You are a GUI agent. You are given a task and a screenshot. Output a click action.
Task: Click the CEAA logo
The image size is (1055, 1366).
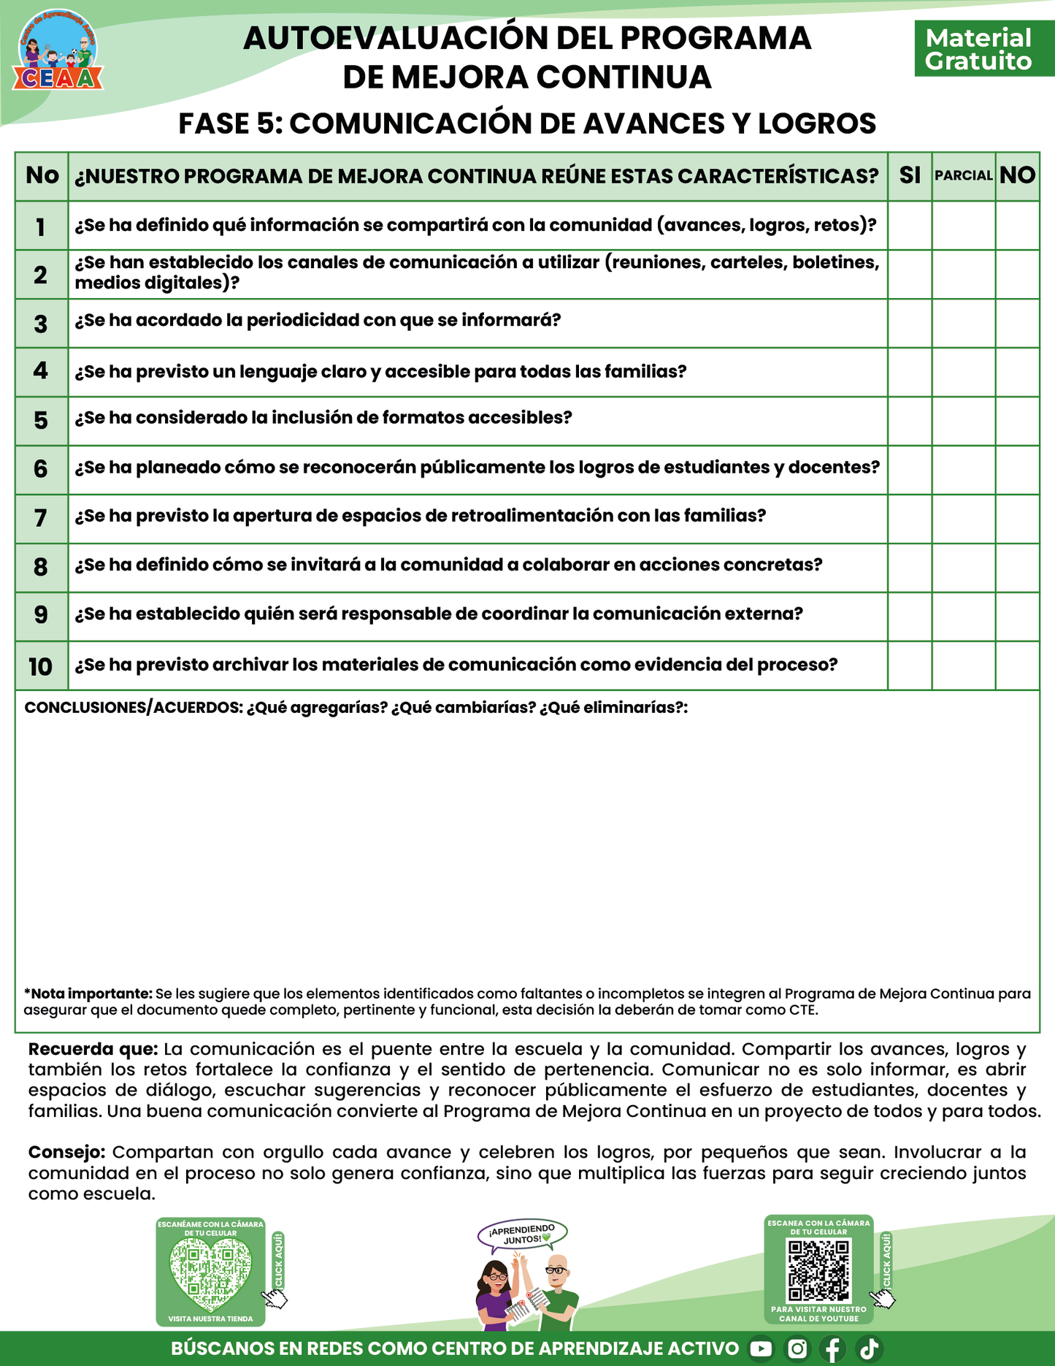[x=58, y=51]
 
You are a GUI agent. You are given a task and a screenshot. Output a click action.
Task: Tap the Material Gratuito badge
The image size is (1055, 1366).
[x=978, y=49]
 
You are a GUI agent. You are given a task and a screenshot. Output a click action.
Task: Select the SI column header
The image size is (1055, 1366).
[x=910, y=175]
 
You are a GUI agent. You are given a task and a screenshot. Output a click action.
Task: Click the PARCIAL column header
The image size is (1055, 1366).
[x=964, y=175]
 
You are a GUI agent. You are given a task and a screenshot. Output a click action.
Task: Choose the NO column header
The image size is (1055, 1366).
[x=1018, y=175]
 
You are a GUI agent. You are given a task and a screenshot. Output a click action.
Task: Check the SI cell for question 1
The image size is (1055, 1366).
[x=910, y=226]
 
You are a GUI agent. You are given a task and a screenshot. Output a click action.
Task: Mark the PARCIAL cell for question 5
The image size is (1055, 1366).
[x=964, y=421]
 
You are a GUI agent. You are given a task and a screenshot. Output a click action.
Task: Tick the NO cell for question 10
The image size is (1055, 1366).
[x=1018, y=665]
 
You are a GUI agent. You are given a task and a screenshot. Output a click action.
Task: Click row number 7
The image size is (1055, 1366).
[x=41, y=518]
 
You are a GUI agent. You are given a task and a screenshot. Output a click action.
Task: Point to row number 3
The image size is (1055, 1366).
[x=41, y=324]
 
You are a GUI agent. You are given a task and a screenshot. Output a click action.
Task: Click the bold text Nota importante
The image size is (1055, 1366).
[x=88, y=993]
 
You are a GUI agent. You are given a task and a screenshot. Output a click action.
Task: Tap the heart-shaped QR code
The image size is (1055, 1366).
[x=210, y=1276]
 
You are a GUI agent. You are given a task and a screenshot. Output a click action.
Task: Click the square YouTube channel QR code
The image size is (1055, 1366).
[x=818, y=1271]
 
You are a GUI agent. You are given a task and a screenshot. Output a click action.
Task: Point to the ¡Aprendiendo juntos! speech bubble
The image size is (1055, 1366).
[x=523, y=1235]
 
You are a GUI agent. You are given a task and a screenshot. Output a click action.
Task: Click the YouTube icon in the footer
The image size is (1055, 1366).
[x=761, y=1348]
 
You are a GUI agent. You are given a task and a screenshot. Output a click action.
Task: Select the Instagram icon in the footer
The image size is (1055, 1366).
[x=797, y=1348]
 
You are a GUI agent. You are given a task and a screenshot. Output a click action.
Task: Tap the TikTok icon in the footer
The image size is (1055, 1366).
[x=869, y=1348]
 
